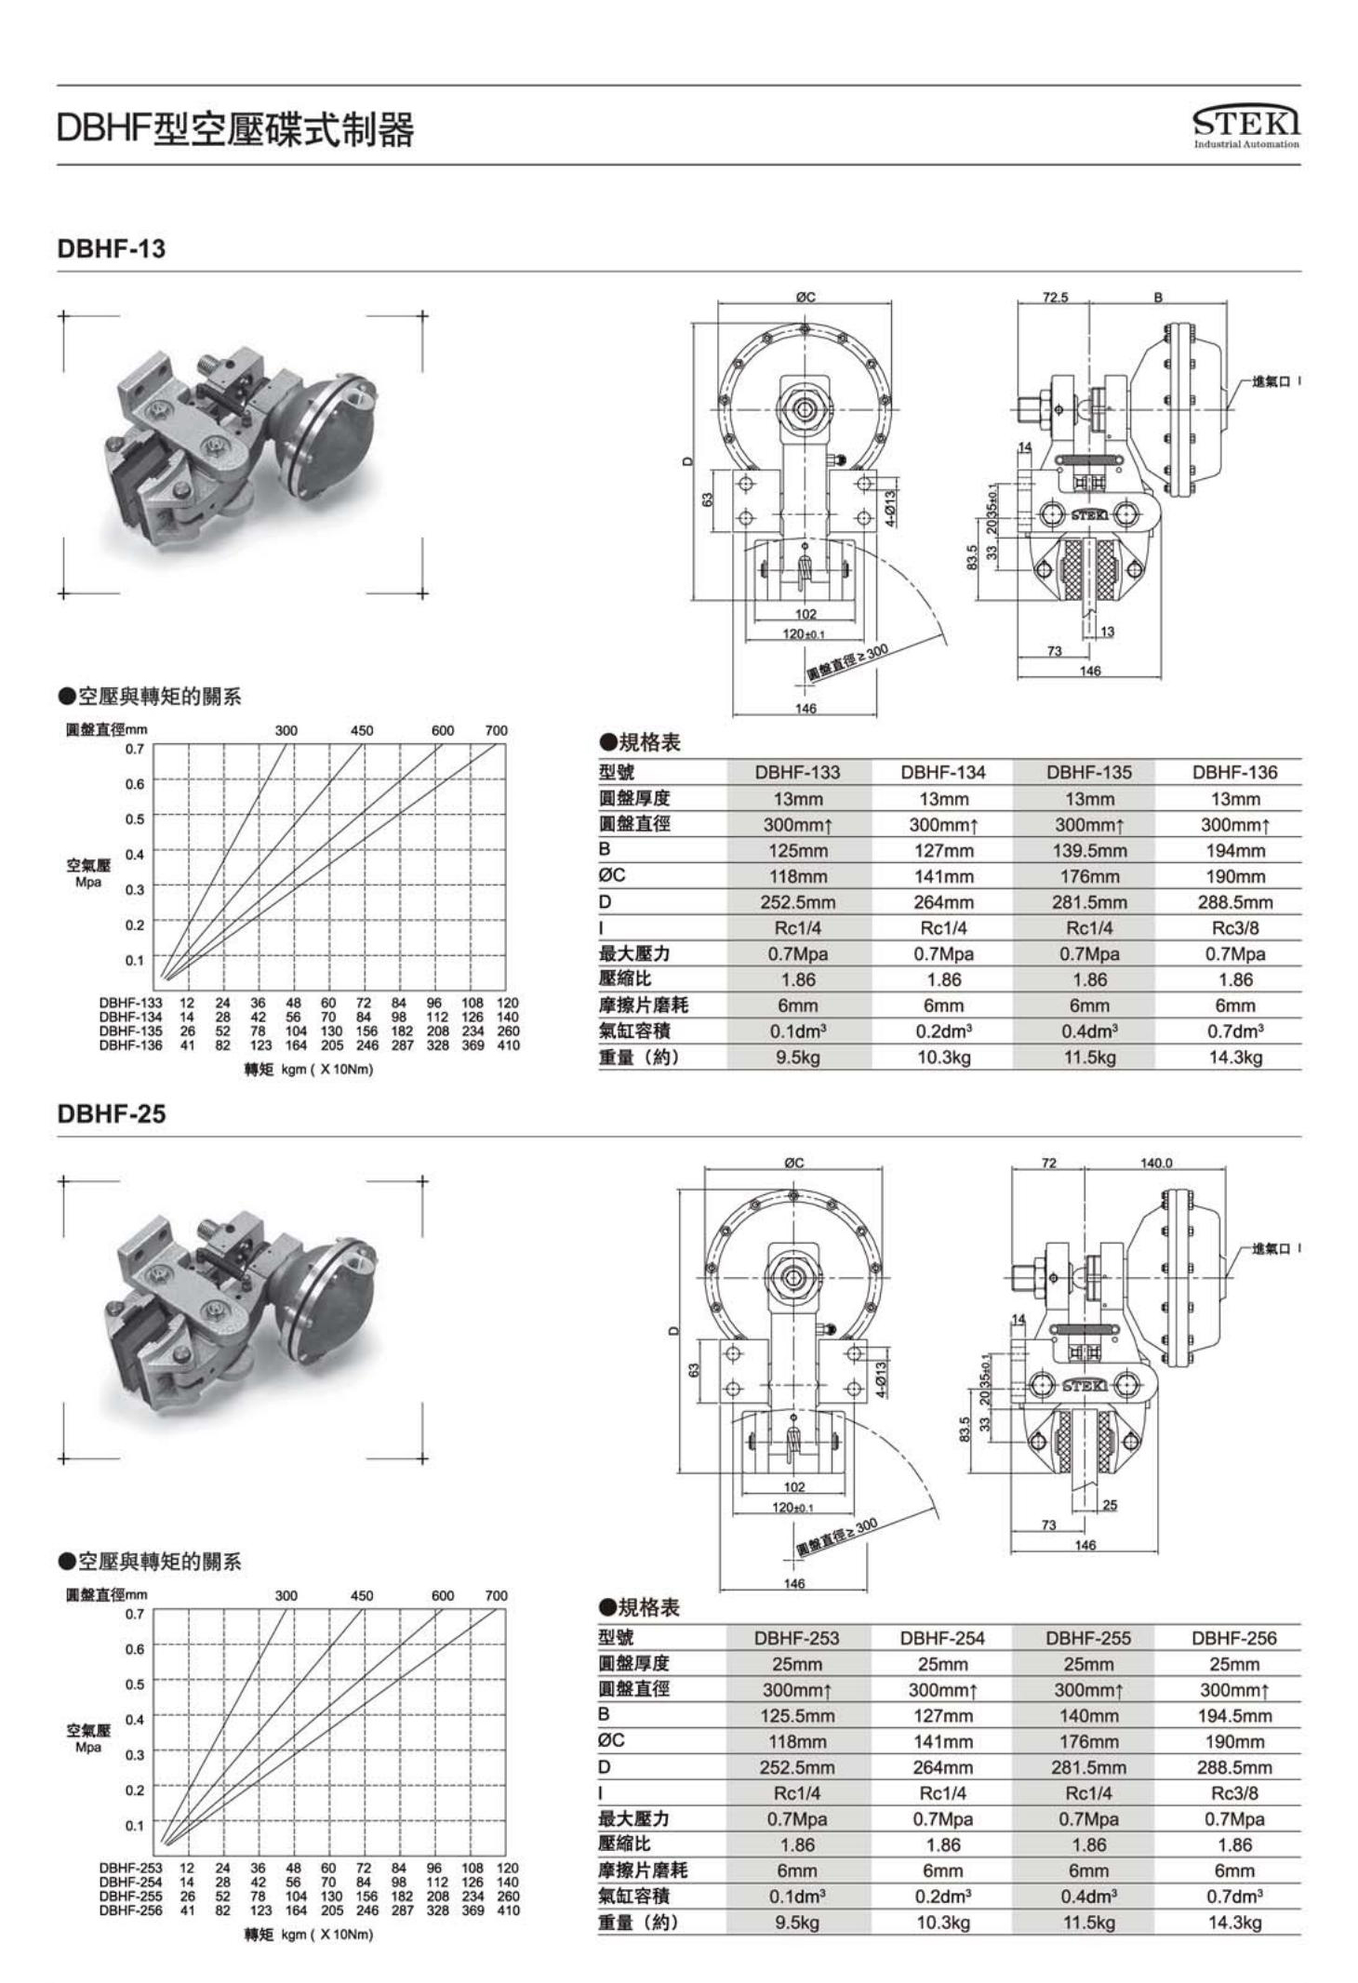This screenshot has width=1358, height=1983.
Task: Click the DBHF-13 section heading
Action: click(112, 248)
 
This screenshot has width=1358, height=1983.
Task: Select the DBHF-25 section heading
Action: click(112, 1113)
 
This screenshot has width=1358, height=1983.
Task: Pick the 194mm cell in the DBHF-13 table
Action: click(1234, 850)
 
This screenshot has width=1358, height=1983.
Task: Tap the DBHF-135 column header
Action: click(1089, 772)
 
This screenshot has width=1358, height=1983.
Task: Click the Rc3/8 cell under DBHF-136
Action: click(1234, 927)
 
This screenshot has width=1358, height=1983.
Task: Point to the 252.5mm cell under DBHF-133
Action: click(798, 902)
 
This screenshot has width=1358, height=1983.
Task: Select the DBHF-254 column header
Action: click(942, 1638)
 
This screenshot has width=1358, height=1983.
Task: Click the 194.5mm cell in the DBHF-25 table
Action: click(1234, 1716)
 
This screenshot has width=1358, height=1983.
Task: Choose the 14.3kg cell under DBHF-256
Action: click(1234, 1923)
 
